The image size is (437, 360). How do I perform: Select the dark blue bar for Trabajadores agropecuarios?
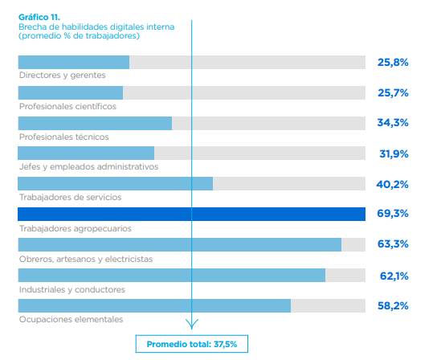click(192, 214)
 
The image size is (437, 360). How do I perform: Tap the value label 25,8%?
click(393, 62)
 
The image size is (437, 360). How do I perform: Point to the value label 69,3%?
click(393, 215)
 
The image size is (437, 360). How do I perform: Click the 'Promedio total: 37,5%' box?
click(191, 344)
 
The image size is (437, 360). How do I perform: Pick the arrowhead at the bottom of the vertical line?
click(192, 325)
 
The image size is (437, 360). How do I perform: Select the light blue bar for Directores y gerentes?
click(73, 62)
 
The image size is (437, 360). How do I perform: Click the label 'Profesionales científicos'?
click(67, 106)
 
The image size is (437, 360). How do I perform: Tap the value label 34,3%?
click(393, 123)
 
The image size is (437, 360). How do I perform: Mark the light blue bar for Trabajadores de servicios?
click(115, 184)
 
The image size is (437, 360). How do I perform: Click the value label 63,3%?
click(393, 245)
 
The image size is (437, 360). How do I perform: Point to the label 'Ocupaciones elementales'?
click(71, 320)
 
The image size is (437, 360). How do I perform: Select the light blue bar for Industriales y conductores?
click(171, 276)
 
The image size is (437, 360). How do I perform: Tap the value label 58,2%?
click(393, 306)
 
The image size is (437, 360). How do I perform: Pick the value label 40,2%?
click(393, 184)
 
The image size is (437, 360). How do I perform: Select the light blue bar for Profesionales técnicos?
click(95, 123)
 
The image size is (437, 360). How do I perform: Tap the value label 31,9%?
click(393, 153)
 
